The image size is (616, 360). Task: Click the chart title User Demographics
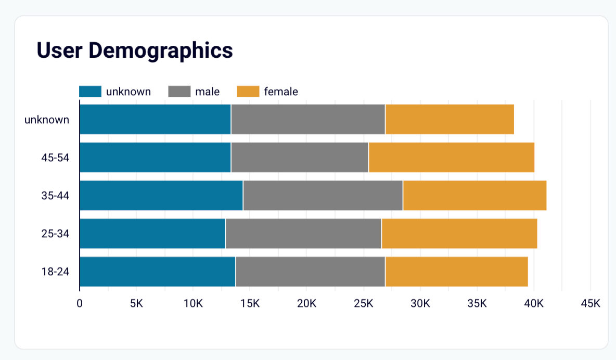[x=134, y=50]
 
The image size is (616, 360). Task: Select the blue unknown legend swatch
[x=90, y=92]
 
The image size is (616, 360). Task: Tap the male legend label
[x=207, y=92]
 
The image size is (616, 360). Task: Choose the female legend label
[x=281, y=92]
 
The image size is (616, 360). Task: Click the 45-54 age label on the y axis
[x=55, y=158]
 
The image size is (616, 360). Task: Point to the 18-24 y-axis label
[x=55, y=272]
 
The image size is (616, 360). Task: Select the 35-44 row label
[x=55, y=196]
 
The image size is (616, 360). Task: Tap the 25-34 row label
[x=55, y=234]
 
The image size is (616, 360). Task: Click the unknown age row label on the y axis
[x=47, y=120]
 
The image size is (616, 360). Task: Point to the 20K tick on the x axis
[x=306, y=303]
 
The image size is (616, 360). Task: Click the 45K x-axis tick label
[x=590, y=303]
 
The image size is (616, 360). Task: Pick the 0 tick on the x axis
[x=80, y=303]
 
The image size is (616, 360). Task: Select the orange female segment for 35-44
[x=474, y=196]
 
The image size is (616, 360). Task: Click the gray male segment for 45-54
[x=300, y=158]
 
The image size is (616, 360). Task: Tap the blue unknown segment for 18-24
[x=157, y=272]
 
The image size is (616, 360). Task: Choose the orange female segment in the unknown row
[x=450, y=120]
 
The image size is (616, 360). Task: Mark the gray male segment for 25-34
[x=303, y=234]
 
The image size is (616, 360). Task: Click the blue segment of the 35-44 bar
[x=161, y=196]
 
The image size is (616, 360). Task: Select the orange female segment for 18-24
[x=456, y=272]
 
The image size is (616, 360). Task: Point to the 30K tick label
[x=420, y=303]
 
